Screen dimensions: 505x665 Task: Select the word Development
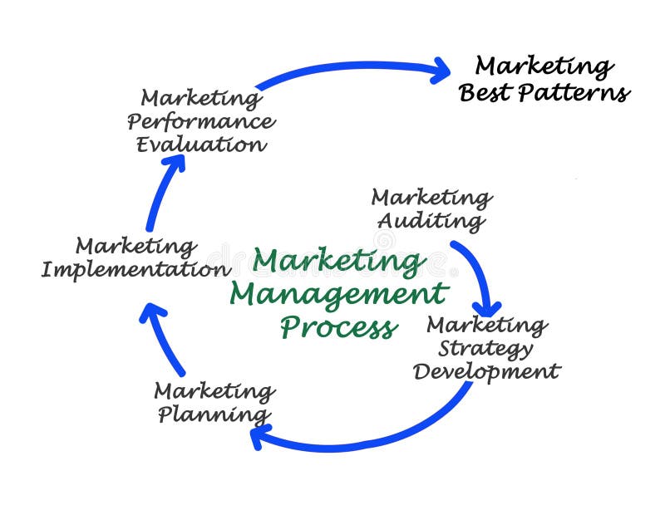click(486, 370)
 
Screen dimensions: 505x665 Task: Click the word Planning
click(214, 414)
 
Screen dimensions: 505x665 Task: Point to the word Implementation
click(136, 270)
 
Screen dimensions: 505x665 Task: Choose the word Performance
click(200, 121)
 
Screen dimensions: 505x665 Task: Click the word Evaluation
click(200, 145)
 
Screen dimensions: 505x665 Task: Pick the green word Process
click(337, 326)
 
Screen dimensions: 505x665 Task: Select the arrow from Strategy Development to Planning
click(374, 437)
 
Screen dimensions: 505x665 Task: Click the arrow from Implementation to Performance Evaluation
click(163, 191)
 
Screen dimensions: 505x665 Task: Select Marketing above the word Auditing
click(431, 198)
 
